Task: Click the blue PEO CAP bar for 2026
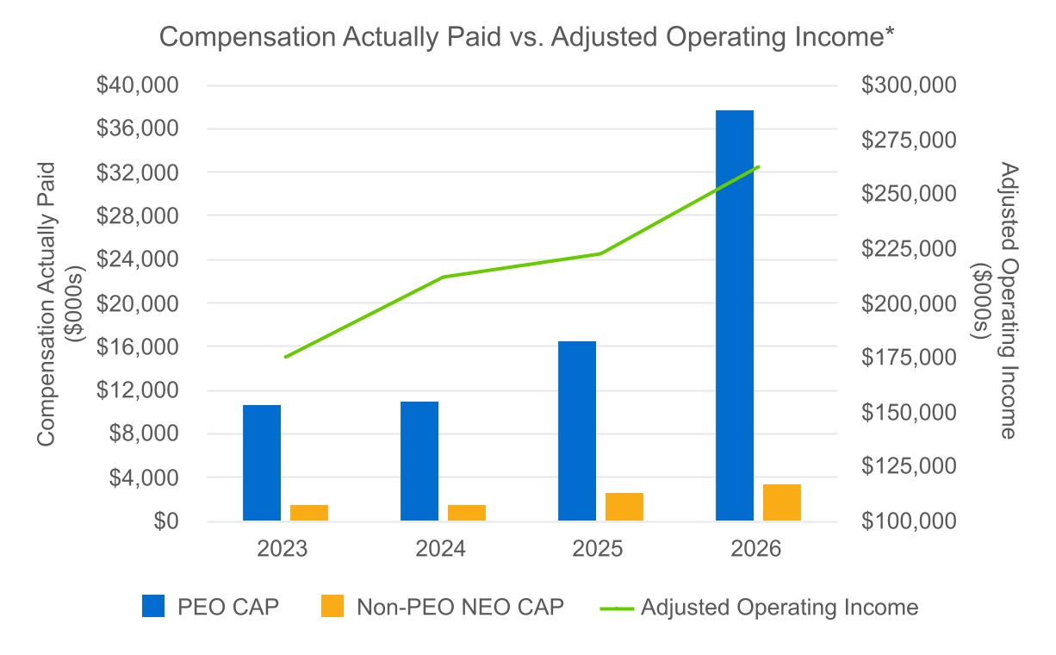click(735, 315)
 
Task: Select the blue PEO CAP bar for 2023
click(262, 463)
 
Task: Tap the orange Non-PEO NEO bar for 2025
click(624, 507)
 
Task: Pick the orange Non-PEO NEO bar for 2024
click(467, 513)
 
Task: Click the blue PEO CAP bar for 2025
click(577, 431)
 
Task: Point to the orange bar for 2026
click(782, 502)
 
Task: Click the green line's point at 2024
click(444, 277)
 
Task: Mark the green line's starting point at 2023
click(286, 357)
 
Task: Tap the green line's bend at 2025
click(600, 253)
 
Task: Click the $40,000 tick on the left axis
click(137, 85)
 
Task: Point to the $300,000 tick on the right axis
click(909, 85)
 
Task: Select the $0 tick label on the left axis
click(166, 521)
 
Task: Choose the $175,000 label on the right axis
click(909, 358)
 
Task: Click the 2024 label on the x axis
click(440, 548)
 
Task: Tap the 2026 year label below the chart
click(755, 548)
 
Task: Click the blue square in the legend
click(153, 606)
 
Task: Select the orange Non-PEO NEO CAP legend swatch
click(332, 606)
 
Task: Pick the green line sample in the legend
click(617, 608)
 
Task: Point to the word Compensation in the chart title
click(247, 37)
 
